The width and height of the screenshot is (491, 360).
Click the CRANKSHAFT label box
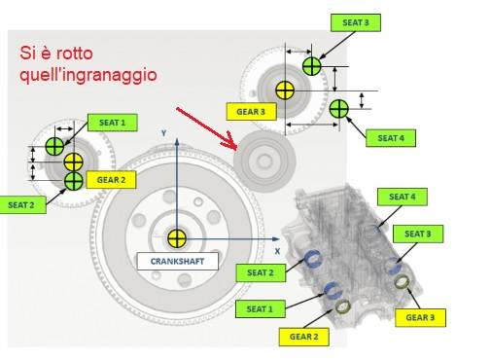pos(178,261)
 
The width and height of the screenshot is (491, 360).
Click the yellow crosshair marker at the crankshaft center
pos(177,238)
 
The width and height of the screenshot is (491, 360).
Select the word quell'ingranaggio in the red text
pos(88,75)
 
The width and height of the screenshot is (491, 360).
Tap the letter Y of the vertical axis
pos(164,133)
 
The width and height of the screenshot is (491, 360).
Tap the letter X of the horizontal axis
pos(277,251)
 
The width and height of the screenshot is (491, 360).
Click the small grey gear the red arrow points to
pos(264,162)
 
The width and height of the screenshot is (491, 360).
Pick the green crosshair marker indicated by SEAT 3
pos(312,66)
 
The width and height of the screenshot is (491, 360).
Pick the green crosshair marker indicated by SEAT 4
pos(339,109)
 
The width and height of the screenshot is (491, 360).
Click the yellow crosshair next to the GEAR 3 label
pos(285,90)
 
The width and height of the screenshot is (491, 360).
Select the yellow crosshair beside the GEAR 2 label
pos(74,162)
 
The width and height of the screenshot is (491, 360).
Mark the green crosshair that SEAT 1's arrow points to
pos(54,146)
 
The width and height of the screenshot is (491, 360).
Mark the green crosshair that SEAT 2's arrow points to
pos(74,181)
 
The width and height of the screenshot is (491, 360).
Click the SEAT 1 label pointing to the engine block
pos(261,308)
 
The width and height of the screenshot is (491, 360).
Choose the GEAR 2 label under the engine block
pos(304,337)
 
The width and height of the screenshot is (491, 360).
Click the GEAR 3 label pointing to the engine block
pos(420,317)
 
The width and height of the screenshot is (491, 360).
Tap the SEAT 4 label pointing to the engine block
pos(403,197)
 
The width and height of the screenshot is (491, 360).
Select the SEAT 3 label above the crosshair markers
pos(356,22)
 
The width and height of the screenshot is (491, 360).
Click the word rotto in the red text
pos(74,54)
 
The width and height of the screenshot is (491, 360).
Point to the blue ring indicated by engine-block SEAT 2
pos(313,259)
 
